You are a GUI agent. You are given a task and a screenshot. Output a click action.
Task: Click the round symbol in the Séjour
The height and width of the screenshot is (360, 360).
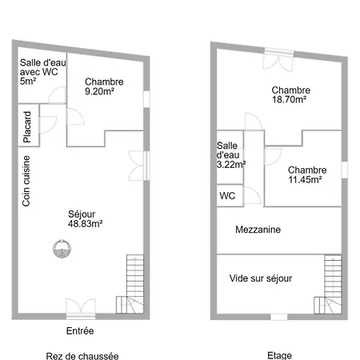[x=62, y=249]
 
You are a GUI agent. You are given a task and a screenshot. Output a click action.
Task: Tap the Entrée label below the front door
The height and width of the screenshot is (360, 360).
[x=80, y=331]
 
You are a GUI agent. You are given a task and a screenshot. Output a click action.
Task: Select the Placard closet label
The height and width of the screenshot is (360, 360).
[x=27, y=127]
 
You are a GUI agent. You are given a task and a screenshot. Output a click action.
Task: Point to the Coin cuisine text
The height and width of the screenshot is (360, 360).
[x=26, y=181]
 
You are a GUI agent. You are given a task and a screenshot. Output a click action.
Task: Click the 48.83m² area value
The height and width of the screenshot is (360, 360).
[x=86, y=224]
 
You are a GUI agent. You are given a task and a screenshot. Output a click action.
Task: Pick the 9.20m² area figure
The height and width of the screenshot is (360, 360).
[x=99, y=91]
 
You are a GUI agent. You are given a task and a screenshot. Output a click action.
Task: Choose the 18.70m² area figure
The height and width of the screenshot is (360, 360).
[x=289, y=100]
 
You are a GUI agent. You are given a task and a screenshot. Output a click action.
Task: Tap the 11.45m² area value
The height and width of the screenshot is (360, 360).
[x=305, y=180]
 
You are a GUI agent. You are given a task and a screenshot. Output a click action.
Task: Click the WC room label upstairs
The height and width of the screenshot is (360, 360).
[x=227, y=196]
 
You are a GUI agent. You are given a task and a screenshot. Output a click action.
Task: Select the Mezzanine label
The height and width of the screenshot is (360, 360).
[x=258, y=230]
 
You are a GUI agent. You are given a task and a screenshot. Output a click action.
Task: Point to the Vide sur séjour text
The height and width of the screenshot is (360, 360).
[x=261, y=278]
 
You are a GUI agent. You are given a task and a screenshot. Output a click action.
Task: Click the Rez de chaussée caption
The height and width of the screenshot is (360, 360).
[x=82, y=356]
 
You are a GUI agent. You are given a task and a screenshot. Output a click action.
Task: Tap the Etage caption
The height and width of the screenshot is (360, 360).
[x=279, y=355]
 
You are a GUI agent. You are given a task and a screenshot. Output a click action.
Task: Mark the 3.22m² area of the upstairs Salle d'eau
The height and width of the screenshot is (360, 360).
[x=231, y=165]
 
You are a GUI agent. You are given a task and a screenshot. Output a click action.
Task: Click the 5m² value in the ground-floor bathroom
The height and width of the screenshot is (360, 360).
[x=28, y=81]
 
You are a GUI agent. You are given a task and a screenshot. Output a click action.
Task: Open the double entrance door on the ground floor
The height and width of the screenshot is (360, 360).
[x=81, y=308]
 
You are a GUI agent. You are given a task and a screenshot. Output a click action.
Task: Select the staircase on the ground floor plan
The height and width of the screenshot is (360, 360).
[x=130, y=284]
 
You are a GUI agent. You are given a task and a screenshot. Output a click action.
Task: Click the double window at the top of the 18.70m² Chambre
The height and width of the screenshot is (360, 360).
[x=279, y=60]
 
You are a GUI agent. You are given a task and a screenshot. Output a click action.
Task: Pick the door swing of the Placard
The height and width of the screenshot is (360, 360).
[x=48, y=125]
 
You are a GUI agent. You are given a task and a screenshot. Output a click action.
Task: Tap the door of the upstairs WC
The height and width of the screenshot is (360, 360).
[x=252, y=195]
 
